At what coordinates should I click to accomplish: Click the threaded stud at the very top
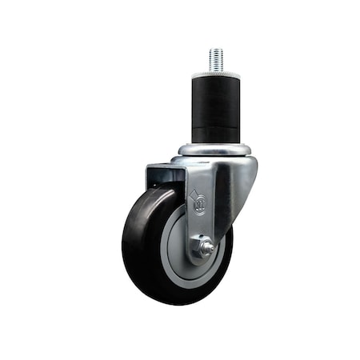coord(216,58)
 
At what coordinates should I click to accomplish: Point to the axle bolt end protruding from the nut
coord(208,247)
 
